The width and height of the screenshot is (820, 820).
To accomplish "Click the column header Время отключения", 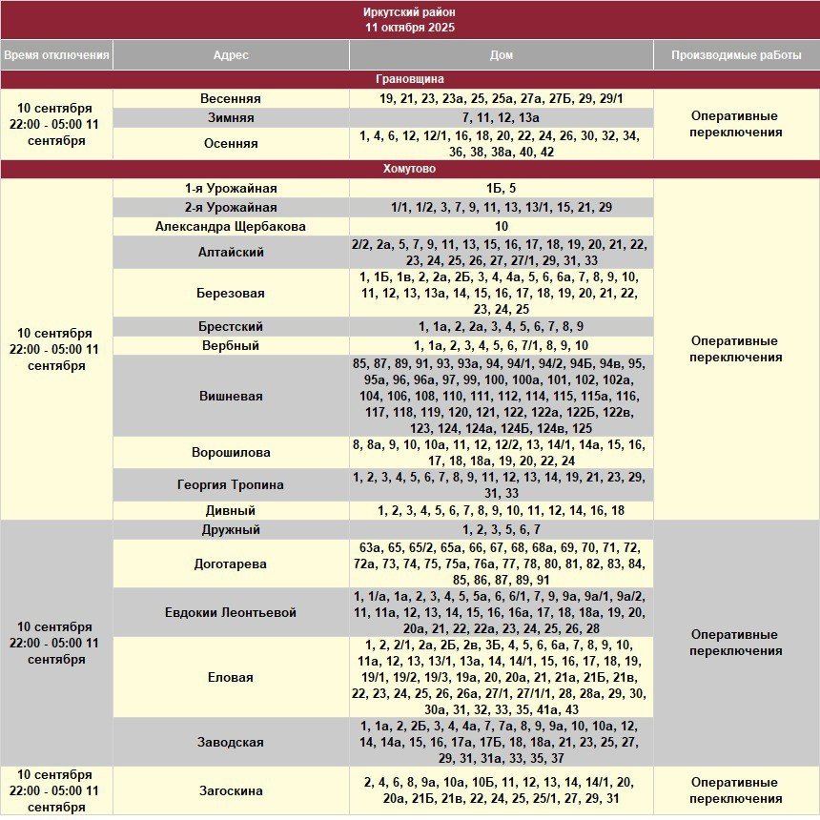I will (x=56, y=55).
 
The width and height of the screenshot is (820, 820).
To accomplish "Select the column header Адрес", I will (x=231, y=55).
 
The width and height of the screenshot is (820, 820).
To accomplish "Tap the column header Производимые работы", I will (x=736, y=55).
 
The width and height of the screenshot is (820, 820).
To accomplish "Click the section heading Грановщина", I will (x=410, y=79).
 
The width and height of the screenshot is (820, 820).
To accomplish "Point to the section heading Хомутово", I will (x=410, y=169).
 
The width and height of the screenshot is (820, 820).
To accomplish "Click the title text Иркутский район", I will (x=410, y=12).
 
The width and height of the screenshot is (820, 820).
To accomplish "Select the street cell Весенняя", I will (x=231, y=99).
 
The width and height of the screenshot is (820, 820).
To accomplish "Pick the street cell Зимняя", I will (x=231, y=118).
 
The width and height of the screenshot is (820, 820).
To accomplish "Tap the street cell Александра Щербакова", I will (x=231, y=227).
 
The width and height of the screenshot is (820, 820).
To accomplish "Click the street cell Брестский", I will (x=231, y=326).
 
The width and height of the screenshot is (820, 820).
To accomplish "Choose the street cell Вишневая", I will (x=231, y=396).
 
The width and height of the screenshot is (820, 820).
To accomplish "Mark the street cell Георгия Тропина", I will (x=231, y=484).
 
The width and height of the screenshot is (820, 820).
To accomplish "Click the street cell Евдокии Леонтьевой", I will (x=231, y=612).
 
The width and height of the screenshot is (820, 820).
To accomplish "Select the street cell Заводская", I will (x=231, y=741).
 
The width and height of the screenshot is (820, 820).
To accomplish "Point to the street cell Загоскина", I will (x=231, y=790).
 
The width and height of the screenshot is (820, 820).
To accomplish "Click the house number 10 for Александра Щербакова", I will (x=502, y=227).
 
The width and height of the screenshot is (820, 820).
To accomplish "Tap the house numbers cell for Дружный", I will (x=502, y=530).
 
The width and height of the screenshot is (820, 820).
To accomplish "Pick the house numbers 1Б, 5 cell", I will (x=502, y=189).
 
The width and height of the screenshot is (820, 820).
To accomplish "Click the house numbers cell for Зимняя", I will (x=502, y=118).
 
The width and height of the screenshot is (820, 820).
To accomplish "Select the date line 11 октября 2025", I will (x=410, y=28).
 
